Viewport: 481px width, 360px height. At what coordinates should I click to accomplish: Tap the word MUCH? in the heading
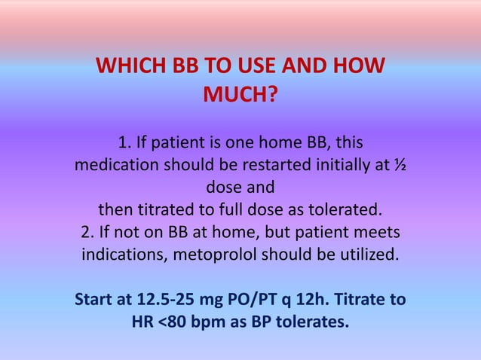[x=240, y=96]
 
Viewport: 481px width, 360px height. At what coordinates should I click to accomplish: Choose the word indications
[x=124, y=253]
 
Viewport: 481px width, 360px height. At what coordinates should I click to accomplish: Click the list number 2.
[x=84, y=230]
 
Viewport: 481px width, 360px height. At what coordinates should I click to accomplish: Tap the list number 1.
[x=124, y=142]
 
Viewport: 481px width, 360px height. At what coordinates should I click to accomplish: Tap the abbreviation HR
[x=142, y=323]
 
